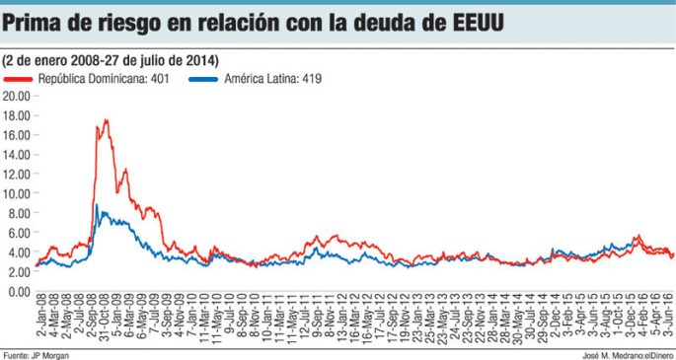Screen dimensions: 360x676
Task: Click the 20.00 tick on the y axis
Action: coord(17,97)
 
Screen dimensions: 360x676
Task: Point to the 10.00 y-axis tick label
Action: coord(17,194)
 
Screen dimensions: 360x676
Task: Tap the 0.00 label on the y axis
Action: coord(19,292)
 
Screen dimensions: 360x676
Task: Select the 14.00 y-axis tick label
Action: coord(17,155)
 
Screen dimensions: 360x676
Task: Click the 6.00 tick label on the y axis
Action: coord(19,234)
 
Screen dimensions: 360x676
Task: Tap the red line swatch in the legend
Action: coord(18,78)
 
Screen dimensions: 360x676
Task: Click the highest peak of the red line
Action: coord(105,120)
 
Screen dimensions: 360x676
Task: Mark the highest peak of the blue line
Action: coord(96,205)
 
